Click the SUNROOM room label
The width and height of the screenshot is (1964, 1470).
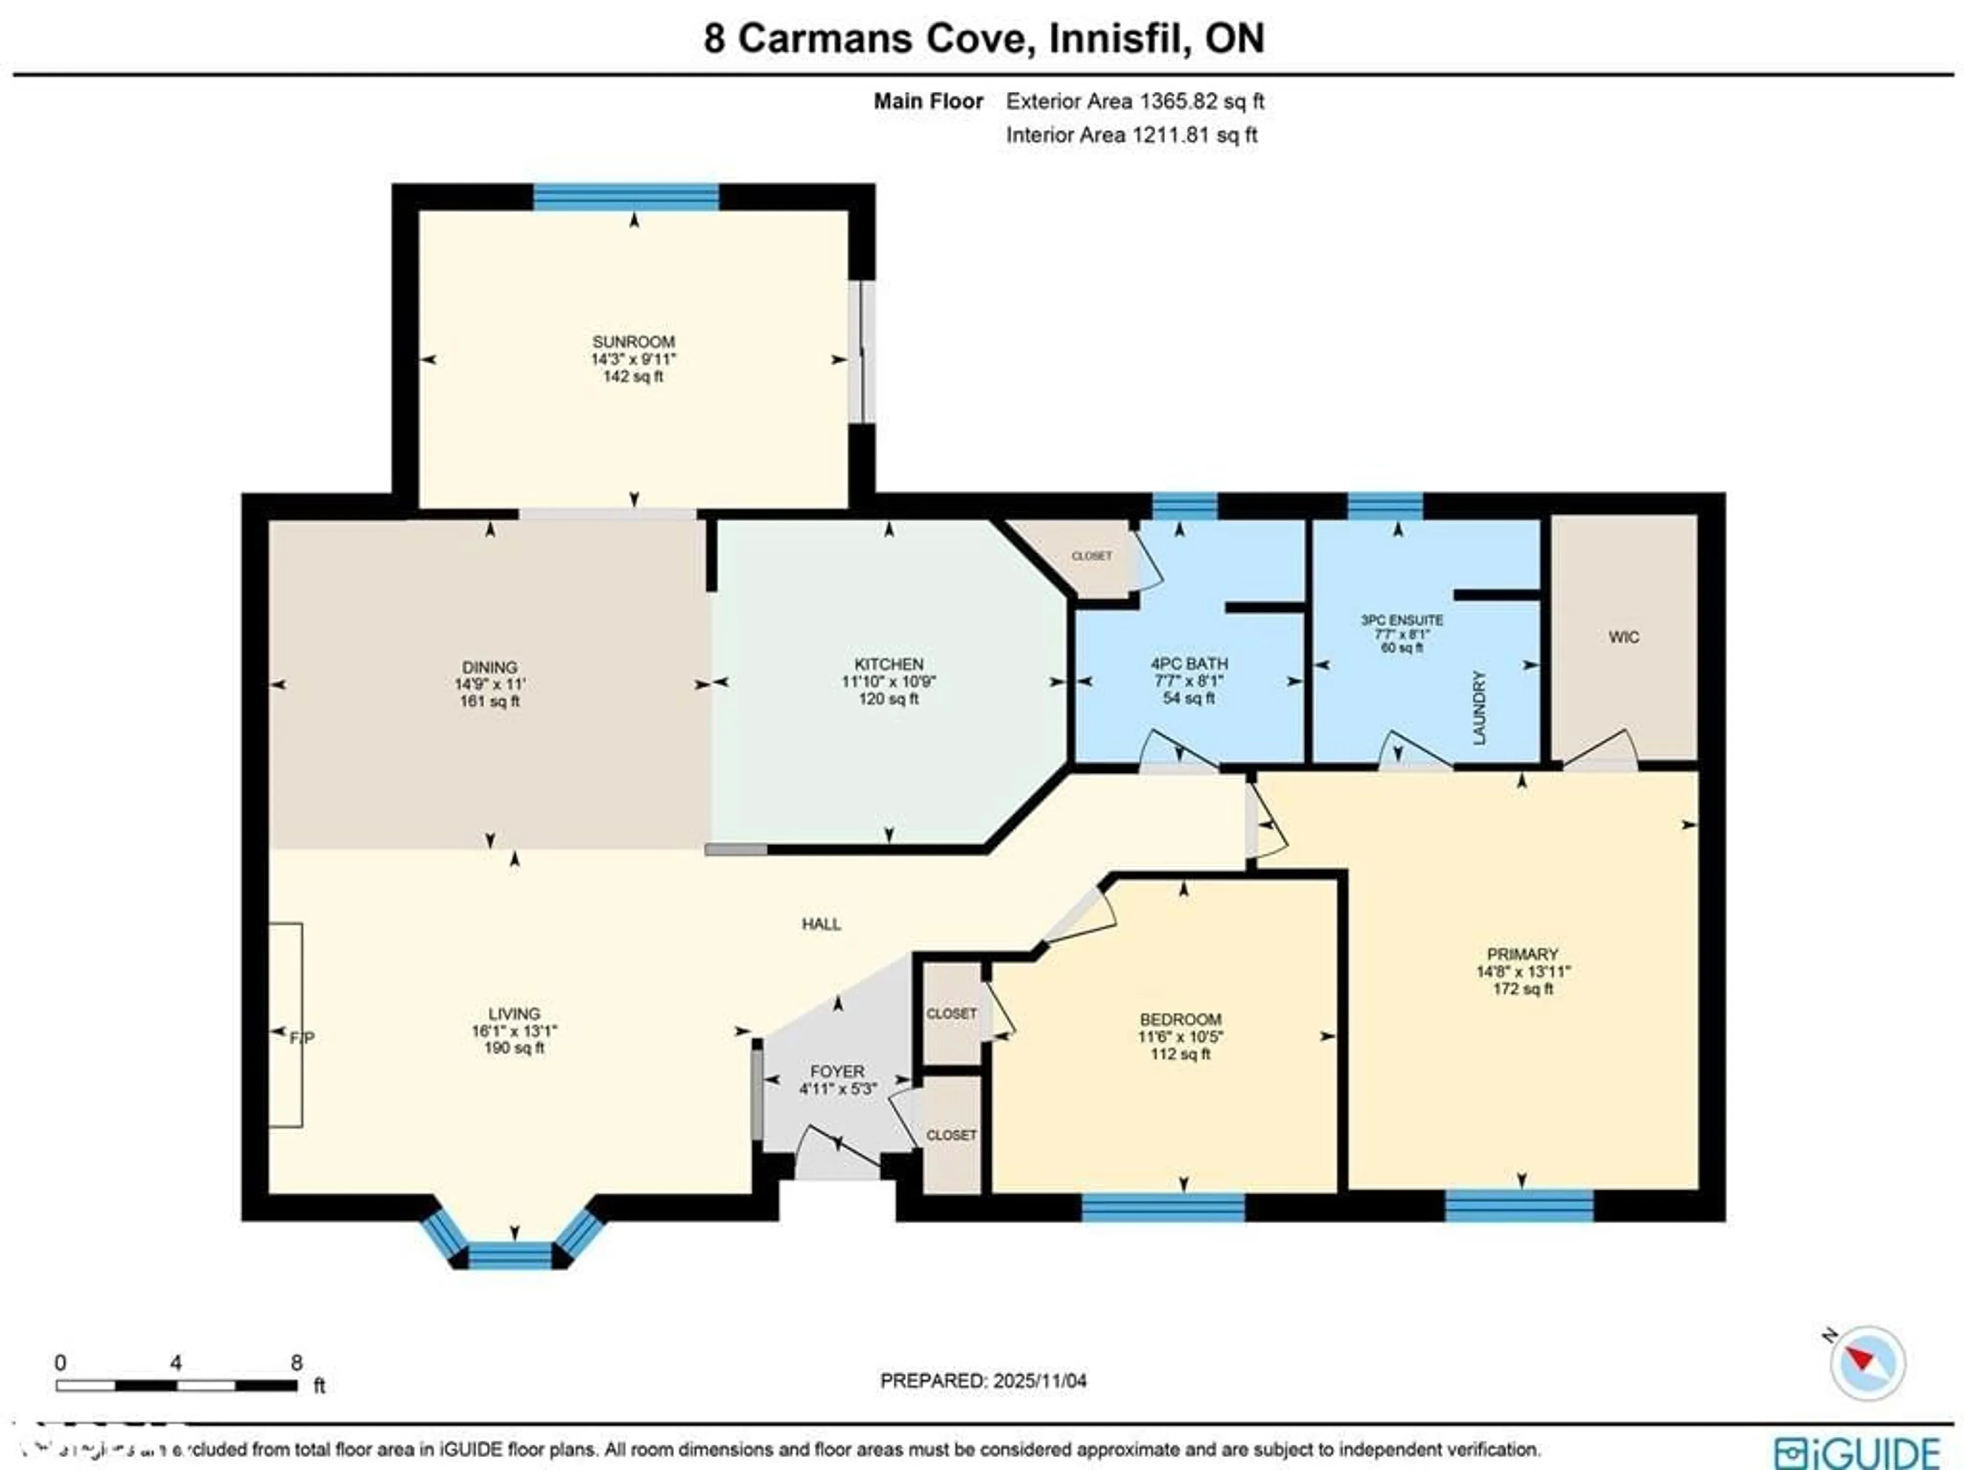[633, 341]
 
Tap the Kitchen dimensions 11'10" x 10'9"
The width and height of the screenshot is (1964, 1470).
[889, 681]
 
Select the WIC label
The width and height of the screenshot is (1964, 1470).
[1623, 637]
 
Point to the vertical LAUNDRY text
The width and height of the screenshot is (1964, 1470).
[1478, 708]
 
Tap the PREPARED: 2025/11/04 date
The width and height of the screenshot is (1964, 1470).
[983, 1380]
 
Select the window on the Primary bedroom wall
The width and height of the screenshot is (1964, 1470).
[1519, 1205]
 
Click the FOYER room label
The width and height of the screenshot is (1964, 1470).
[836, 1071]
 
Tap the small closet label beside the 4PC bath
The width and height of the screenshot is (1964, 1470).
[1091, 556]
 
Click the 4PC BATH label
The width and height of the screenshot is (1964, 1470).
[1189, 664]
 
